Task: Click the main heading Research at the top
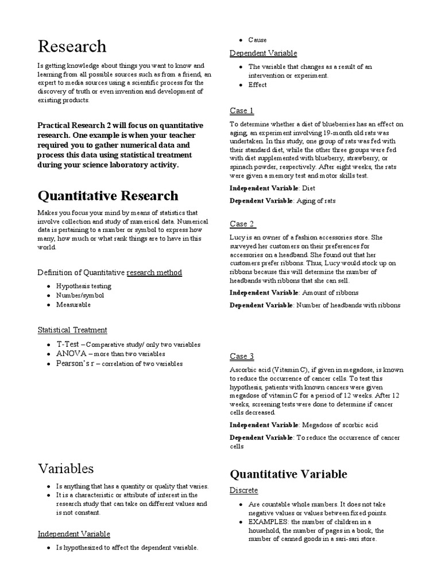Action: coord(72,46)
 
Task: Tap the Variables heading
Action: coord(65,468)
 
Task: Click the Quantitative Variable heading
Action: coord(288,474)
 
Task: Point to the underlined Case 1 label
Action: coord(241,110)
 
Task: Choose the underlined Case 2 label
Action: coord(243,223)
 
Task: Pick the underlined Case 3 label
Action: coord(242,356)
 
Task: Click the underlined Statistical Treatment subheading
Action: coord(72,330)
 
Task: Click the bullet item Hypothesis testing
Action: coord(83,285)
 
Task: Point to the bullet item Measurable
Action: coord(73,304)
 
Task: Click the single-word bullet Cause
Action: coord(257,40)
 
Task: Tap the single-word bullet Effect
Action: coord(257,84)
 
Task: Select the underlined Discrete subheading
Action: coord(244,490)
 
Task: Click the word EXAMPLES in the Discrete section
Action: coord(268,521)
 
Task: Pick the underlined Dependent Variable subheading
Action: coord(263,53)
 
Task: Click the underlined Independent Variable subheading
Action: coord(73,534)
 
